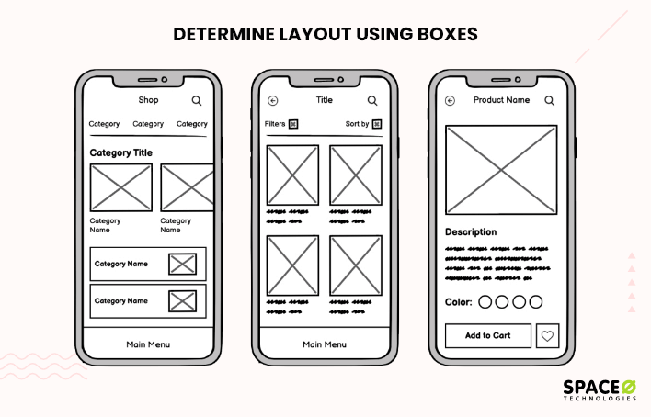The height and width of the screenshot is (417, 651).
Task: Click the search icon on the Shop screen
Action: coord(197,100)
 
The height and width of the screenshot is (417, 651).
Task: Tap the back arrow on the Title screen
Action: coord(273,101)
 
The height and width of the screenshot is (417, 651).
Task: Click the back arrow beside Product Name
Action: coord(450,101)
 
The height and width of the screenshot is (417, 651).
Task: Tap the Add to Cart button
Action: coord(487,336)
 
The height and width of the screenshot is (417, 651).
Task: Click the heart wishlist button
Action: coord(548,336)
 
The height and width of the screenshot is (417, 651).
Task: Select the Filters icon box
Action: coord(293,124)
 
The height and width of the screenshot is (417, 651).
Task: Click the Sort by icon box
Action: coord(377,124)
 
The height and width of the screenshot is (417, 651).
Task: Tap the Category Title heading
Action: coord(121,152)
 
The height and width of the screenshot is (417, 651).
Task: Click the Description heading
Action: coord(471,232)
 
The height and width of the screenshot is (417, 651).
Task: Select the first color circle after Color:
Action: coord(485,301)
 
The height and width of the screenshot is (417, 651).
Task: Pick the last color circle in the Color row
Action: coord(536,301)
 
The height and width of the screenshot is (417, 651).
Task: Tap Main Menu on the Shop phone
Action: coord(148,344)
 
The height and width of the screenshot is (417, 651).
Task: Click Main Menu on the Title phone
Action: coord(325,344)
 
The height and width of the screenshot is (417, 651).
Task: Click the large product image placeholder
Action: coord(501,170)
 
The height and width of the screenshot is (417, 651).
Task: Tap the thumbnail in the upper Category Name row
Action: coord(183,265)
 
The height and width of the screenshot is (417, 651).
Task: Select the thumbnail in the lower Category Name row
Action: coord(183,301)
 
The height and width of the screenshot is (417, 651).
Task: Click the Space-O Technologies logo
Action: coord(598,389)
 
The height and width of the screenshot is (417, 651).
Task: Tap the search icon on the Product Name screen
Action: coord(549,101)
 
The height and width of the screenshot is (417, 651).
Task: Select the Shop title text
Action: coord(148,100)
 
